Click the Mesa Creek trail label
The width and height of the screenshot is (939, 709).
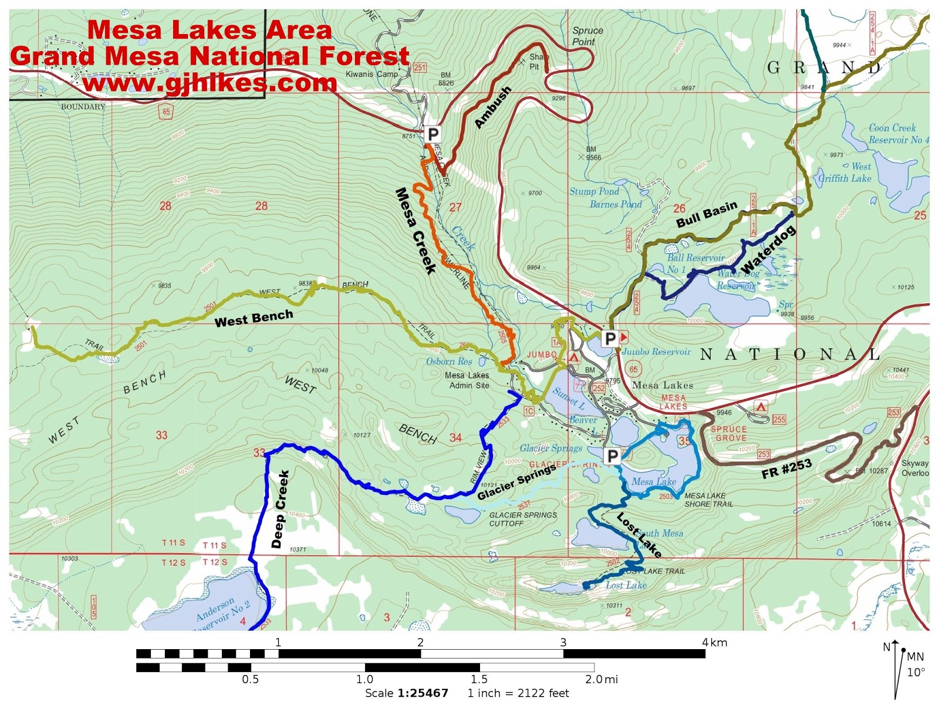(x=416, y=231)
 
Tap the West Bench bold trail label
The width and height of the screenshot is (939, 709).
(x=254, y=318)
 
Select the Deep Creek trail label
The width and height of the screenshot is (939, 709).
(x=281, y=509)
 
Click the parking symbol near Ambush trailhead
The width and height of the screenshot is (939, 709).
(x=433, y=134)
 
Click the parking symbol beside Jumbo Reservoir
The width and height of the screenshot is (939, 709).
(x=610, y=339)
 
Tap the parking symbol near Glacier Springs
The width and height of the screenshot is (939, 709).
(x=612, y=456)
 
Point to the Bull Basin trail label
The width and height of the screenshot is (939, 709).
(x=706, y=215)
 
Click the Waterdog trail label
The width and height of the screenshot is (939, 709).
(x=768, y=249)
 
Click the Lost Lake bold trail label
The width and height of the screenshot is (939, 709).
(x=639, y=535)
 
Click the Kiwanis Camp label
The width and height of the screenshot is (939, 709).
(x=371, y=75)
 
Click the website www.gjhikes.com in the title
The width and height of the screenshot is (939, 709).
(x=210, y=83)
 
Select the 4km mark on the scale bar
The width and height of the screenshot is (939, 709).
(x=714, y=642)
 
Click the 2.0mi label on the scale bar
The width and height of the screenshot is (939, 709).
(x=602, y=679)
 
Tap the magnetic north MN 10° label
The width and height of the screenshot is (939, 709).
(x=916, y=664)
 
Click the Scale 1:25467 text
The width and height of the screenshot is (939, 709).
(x=407, y=693)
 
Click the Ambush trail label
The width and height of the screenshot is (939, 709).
(x=493, y=107)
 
